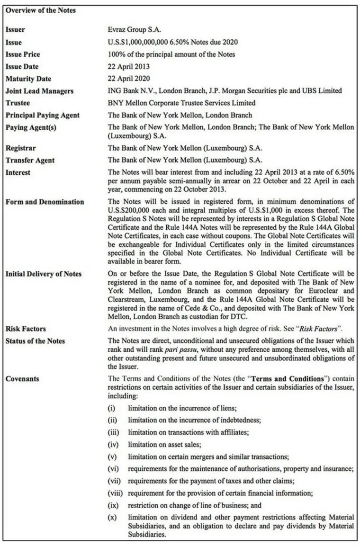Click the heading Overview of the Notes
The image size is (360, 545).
point(41,10)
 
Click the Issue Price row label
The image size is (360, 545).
point(23,54)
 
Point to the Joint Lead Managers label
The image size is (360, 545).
point(39,91)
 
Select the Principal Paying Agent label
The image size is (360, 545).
point(43,115)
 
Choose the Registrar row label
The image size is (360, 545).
point(20,148)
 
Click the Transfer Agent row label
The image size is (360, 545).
point(30,160)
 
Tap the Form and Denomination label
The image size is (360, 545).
point(45,202)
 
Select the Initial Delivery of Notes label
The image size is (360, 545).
point(43,274)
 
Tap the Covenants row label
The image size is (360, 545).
point(22,379)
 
